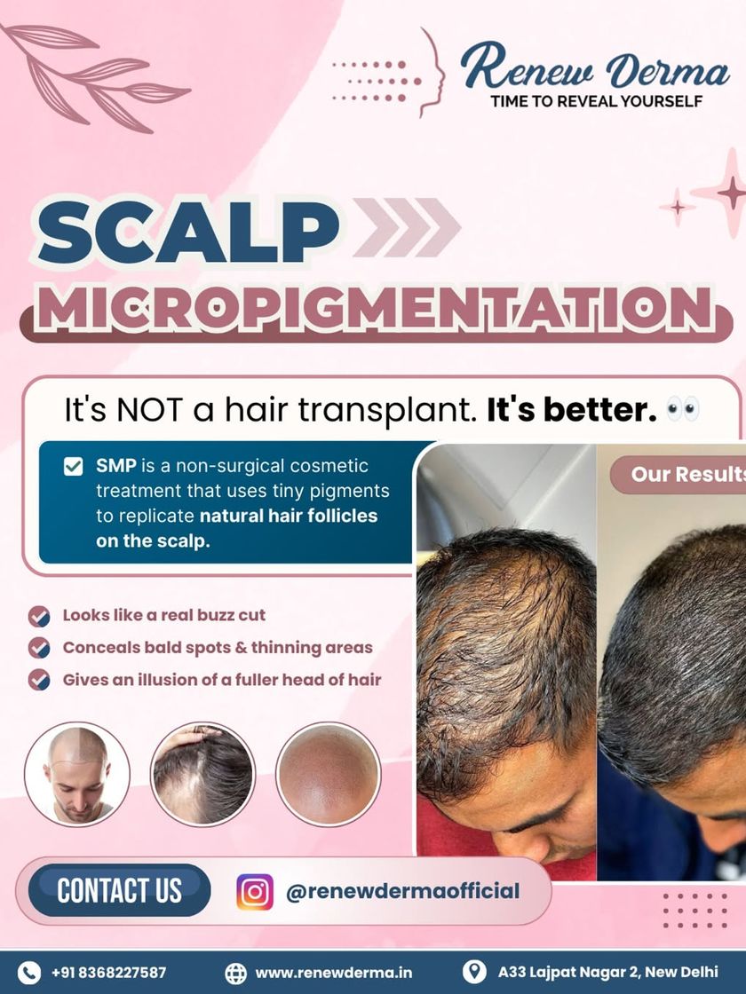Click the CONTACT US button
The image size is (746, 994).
[x=119, y=890]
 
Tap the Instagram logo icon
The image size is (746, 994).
[x=255, y=892]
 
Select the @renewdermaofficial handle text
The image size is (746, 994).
[x=403, y=891]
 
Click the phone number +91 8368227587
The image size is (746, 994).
[x=108, y=973]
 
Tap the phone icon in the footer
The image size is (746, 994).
[x=28, y=973]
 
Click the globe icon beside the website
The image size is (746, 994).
[x=236, y=973]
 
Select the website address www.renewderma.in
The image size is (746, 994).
[x=334, y=973]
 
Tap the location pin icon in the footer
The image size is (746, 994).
[x=474, y=972]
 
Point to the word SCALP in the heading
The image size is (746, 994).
[x=188, y=231]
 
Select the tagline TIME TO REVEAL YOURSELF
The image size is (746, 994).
[x=596, y=101]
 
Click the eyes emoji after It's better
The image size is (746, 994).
[x=683, y=409]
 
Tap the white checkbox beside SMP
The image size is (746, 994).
[x=74, y=467]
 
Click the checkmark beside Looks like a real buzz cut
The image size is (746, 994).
[x=39, y=616]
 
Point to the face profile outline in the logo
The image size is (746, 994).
[x=433, y=73]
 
